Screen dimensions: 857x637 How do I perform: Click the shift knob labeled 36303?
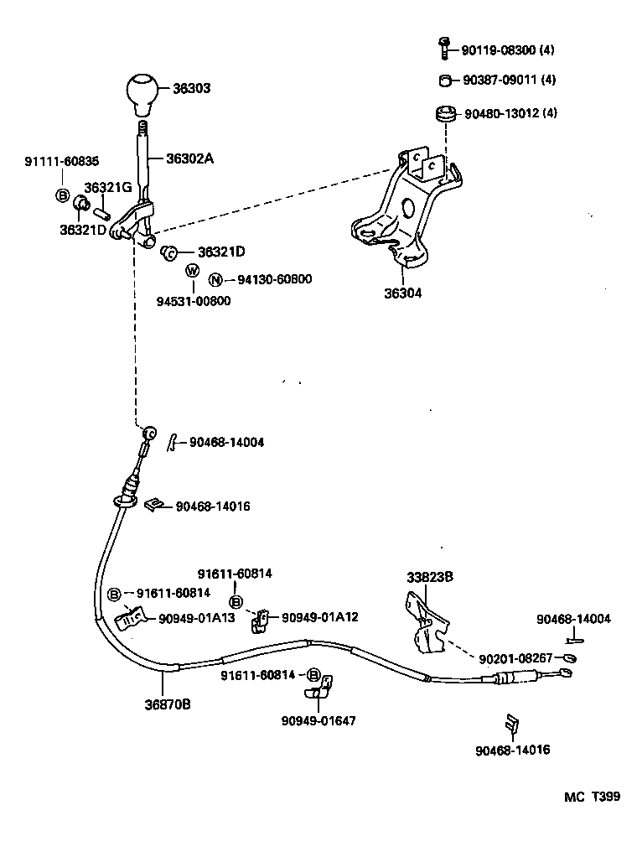click(144, 94)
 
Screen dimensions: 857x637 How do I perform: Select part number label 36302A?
click(189, 157)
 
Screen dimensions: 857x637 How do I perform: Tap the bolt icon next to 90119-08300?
click(444, 48)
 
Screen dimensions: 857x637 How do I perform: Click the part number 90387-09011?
click(500, 81)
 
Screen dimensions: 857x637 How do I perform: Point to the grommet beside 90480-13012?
click(444, 112)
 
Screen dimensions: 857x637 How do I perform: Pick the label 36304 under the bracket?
click(403, 293)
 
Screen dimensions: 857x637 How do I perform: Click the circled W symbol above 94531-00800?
click(192, 271)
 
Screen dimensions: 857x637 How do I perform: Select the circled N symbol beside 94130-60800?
click(215, 280)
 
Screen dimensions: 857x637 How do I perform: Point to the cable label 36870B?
click(168, 704)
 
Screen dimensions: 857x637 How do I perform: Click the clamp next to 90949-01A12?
click(261, 621)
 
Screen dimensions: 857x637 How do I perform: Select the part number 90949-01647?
click(318, 719)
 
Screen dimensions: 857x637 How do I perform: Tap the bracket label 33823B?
click(430, 577)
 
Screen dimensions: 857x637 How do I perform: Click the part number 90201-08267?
click(515, 658)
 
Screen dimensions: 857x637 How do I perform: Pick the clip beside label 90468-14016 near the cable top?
click(153, 504)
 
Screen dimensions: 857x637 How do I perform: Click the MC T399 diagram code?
click(592, 797)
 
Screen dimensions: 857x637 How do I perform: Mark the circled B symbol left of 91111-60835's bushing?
click(62, 195)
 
